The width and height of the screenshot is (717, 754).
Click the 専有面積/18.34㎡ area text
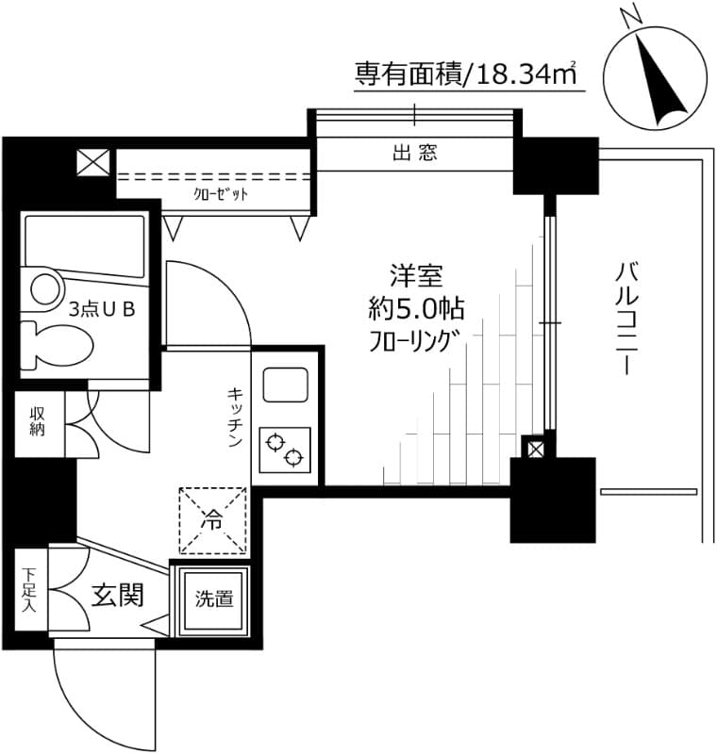(x=464, y=74)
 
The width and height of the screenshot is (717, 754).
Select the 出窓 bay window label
(x=415, y=153)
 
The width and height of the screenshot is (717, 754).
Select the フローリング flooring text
(x=415, y=339)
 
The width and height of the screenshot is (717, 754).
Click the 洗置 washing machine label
(x=214, y=598)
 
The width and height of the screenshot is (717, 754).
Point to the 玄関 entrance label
(x=117, y=595)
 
